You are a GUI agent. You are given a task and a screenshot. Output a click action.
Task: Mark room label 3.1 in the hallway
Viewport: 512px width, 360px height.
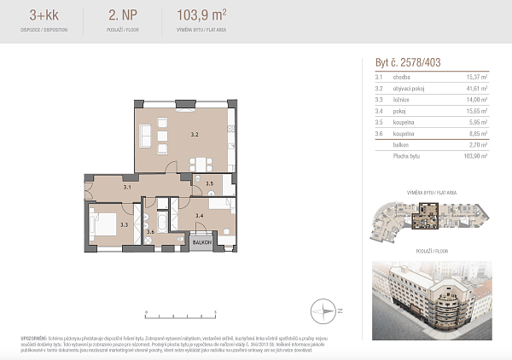pos(126,186)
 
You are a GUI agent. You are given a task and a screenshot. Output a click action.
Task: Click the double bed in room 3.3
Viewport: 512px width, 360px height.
pos(104,225)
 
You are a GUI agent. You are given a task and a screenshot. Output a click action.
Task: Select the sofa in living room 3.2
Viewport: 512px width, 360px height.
pos(144,135)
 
